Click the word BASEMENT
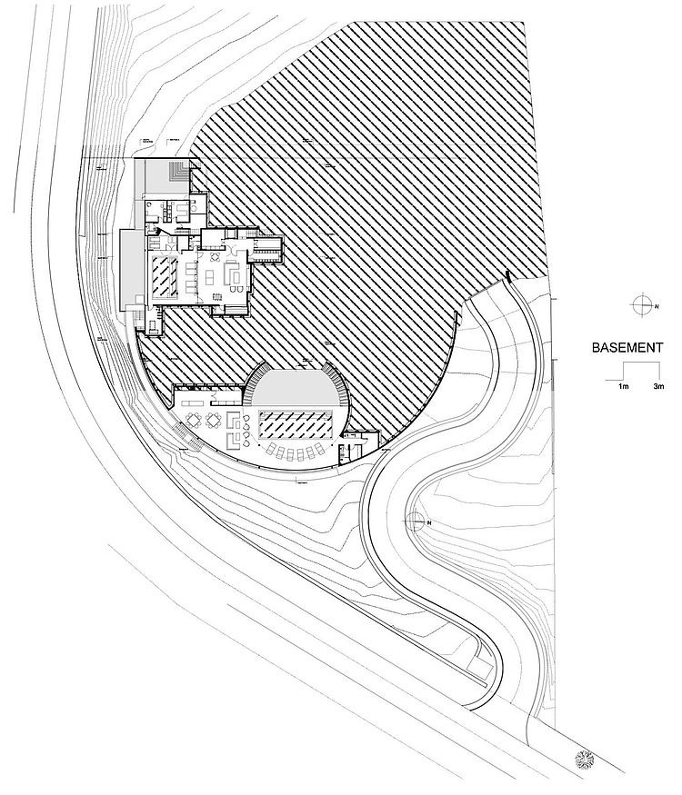pos(628,347)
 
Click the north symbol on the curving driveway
pos(416,521)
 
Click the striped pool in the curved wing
pos(298,422)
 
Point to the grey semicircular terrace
pos(296,386)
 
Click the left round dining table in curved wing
pos(193,420)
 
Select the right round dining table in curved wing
pos(213,420)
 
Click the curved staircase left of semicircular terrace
pos(248,393)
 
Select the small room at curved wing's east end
pos(351,447)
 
